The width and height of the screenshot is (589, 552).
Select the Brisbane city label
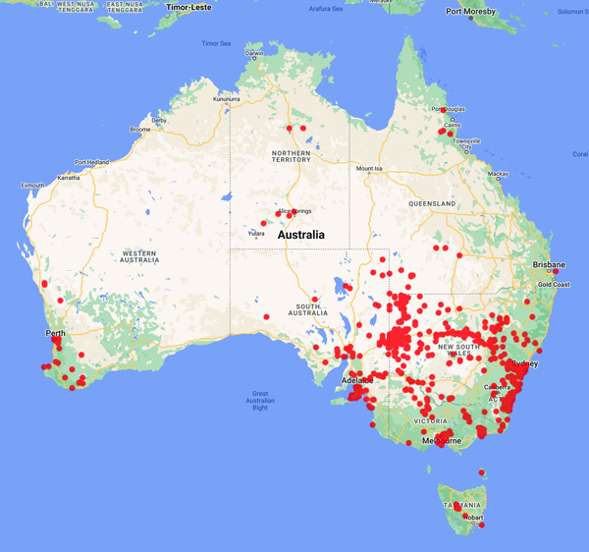tap(549, 264)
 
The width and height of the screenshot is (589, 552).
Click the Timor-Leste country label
tap(189, 7)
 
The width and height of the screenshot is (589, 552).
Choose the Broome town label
tap(140, 129)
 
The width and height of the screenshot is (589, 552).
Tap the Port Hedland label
tap(91, 162)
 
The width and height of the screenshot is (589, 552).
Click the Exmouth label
tap(33, 185)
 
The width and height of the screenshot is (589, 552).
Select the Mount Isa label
tap(369, 169)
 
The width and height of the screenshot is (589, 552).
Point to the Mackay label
tap(499, 174)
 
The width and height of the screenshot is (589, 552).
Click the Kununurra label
tap(227, 99)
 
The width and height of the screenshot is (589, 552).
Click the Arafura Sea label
tap(326, 9)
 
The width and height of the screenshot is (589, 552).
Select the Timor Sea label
tap(216, 43)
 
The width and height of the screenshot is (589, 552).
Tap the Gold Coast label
tap(554, 284)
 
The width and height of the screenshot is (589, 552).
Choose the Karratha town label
tap(68, 178)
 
